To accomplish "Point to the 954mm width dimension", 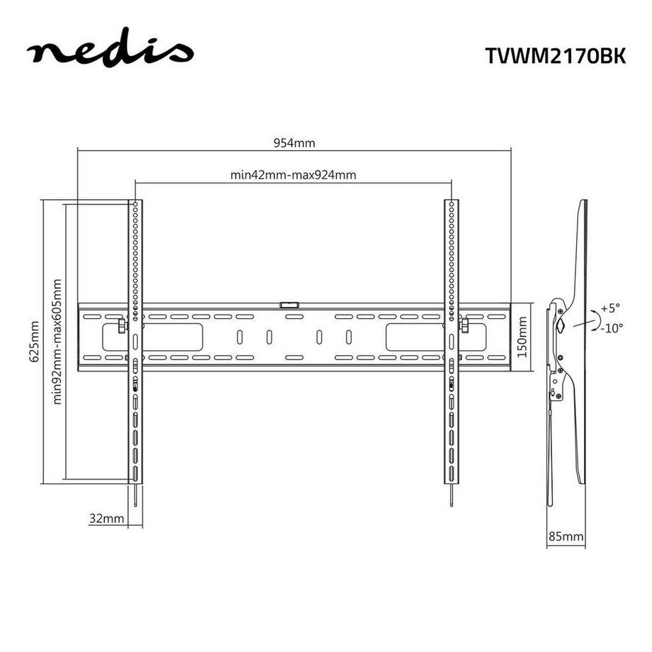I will coord(294,142).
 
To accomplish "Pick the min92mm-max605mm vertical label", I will coord(57,341).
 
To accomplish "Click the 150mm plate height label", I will coord(522,336).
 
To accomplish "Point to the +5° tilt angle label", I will coord(609,308).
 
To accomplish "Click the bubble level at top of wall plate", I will coord(290,304).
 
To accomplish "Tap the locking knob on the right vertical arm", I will coord(465,325).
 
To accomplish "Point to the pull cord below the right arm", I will coord(451,495).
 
